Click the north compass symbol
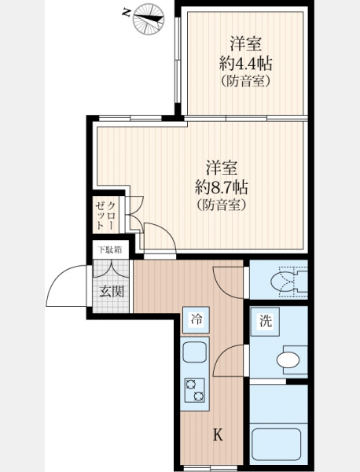pyautogui.click(x=149, y=19)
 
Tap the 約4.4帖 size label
pyautogui.click(x=246, y=64)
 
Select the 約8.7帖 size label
pyautogui.click(x=222, y=187)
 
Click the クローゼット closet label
pyautogui.click(x=105, y=216)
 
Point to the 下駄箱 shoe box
pyautogui.click(x=111, y=250)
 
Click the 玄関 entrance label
pyautogui.click(x=112, y=291)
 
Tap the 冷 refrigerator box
pyautogui.click(x=196, y=319)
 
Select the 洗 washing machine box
pyautogui.click(x=265, y=322)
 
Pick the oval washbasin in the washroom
pyautogui.click(x=288, y=360)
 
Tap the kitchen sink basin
pyautogui.click(x=195, y=352)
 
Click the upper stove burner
pyautogui.click(x=191, y=385)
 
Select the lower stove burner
pyautogui.click(x=199, y=396)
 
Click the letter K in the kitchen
pyautogui.click(x=218, y=435)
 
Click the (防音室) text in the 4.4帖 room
pyautogui.click(x=246, y=81)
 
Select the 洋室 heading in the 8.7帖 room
pyautogui.click(x=222, y=168)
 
